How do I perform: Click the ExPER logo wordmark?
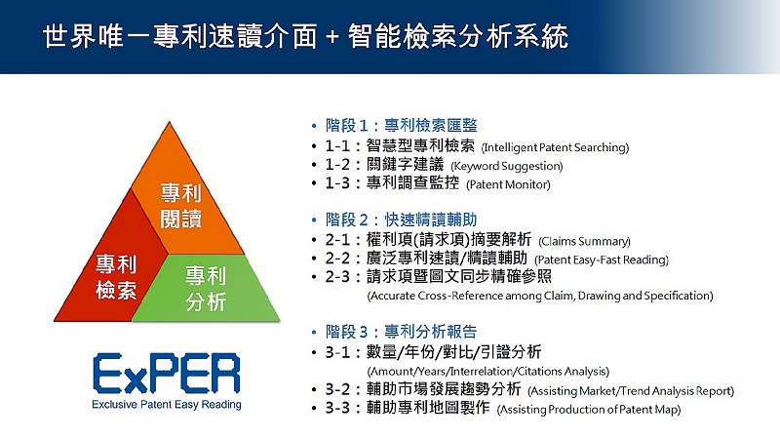pos(166,374)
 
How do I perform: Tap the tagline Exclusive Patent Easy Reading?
pos(167,405)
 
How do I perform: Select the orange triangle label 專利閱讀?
pos(180,206)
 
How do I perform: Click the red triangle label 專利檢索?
pos(116,277)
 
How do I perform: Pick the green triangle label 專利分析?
pos(206,289)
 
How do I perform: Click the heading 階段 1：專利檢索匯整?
pos(402,126)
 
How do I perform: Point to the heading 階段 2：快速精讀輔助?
pos(402,219)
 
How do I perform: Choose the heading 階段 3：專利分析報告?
pos(402,332)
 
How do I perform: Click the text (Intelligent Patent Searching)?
pos(555,148)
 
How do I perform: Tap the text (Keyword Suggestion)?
pos(507,166)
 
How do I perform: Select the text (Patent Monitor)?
pos(508,184)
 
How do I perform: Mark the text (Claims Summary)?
pos(584,241)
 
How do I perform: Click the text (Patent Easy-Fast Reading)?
pos(602,259)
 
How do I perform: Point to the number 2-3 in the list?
pos(337,277)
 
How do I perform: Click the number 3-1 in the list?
pos(337,352)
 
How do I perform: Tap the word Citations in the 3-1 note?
pos(538,372)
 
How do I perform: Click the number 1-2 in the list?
pos(337,164)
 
